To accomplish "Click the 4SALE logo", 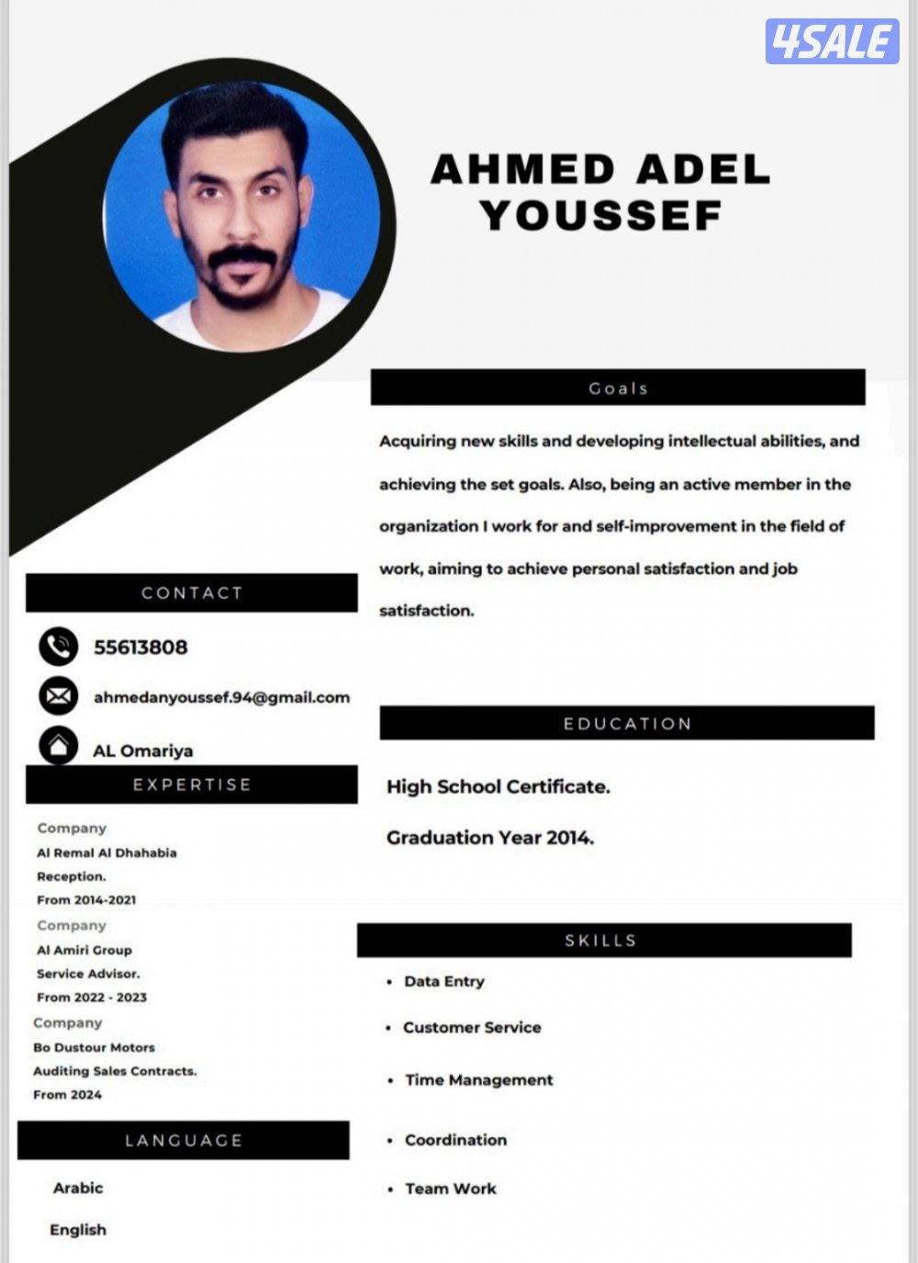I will (832, 41).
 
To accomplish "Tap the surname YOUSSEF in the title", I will (601, 216).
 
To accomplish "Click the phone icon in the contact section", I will (59, 647).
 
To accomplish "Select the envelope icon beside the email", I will (59, 696).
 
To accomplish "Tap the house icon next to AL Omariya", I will (59, 745).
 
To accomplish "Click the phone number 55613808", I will (140, 647).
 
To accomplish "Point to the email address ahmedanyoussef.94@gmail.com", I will (221, 697).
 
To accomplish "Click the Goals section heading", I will (618, 388).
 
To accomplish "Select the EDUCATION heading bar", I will (627, 723).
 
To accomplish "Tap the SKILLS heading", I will (600, 940).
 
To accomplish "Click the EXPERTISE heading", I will (192, 784).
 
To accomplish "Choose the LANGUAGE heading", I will (184, 1140).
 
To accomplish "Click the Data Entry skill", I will (444, 981).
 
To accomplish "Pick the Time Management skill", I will (479, 1079).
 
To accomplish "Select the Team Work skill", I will (451, 1189).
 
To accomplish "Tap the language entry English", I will (78, 1229).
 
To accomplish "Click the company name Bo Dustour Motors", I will (94, 1047).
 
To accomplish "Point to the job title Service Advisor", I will (88, 974).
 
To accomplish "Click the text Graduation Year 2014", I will (490, 837).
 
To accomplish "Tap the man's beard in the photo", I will (241, 280).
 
